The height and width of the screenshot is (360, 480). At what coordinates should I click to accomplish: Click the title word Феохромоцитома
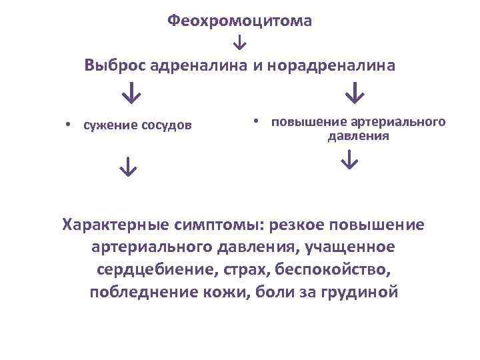coord(239,21)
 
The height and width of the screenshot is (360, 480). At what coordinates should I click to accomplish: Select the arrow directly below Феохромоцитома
coord(239,43)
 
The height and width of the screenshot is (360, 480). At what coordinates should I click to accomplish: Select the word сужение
coord(107,125)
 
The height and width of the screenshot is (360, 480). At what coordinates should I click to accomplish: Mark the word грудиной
coord(362,292)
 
